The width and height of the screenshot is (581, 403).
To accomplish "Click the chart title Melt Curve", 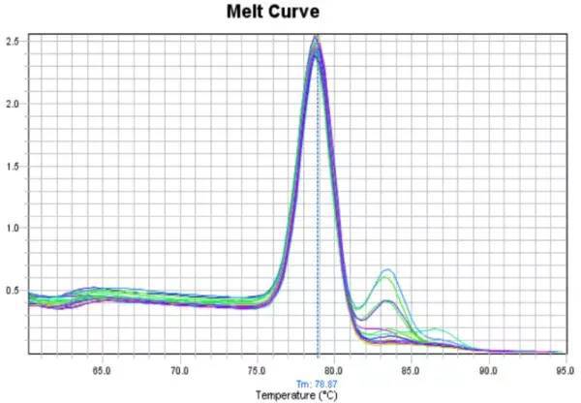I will click(x=272, y=13).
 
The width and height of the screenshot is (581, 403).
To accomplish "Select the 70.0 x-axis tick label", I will click(x=179, y=371).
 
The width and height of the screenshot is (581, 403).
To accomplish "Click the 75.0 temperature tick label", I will click(x=255, y=371).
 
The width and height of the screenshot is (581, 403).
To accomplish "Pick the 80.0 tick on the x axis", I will click(x=333, y=371).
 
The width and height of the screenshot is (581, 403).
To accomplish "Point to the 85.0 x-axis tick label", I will click(x=411, y=371).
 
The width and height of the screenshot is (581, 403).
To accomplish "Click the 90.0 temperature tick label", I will click(x=488, y=371).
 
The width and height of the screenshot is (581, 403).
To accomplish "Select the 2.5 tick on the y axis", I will click(x=14, y=42).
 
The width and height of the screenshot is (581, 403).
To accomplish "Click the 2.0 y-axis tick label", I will click(x=14, y=104).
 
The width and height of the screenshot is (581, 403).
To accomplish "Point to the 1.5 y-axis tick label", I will click(x=14, y=166).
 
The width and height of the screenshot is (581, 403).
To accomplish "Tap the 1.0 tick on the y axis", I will click(x=14, y=228).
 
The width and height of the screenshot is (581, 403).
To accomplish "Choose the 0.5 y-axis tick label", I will click(x=14, y=290).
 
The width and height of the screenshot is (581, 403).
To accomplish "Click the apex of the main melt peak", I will click(x=316, y=41).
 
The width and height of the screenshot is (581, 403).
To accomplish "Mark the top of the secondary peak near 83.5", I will click(x=387, y=270).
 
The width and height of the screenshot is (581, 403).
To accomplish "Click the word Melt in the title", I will click(x=246, y=13).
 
